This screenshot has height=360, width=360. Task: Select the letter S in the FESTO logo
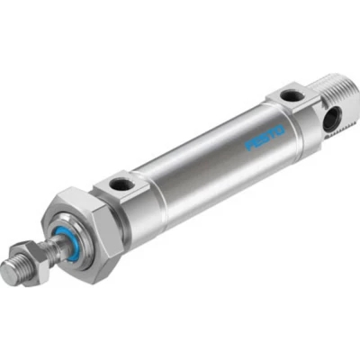(262, 139)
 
